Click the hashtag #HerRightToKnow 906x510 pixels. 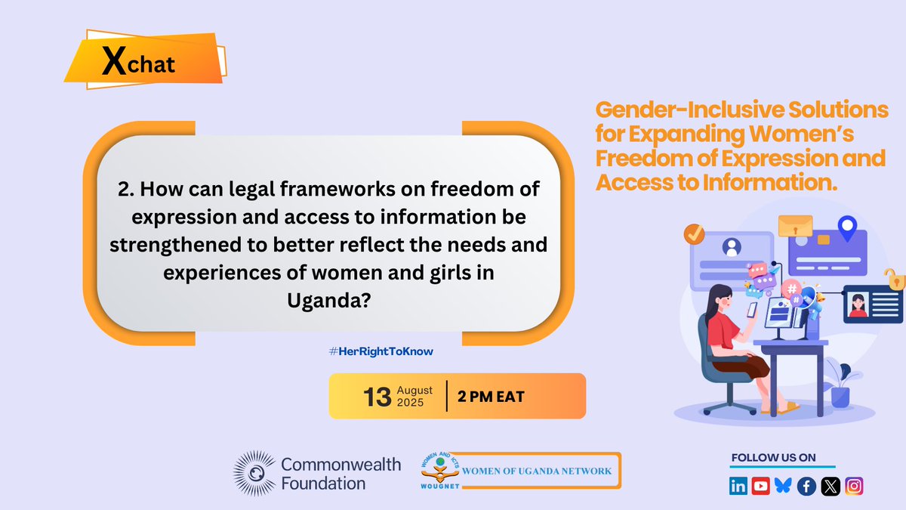[x=381, y=351]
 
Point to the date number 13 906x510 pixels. [x=377, y=397]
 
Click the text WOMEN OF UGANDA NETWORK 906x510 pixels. [x=538, y=471]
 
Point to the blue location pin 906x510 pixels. [x=847, y=227]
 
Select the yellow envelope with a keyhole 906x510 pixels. [x=794, y=225]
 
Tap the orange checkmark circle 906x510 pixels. [x=694, y=234]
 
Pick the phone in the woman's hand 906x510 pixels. [x=752, y=309]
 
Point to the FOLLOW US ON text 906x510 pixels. [x=773, y=458]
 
